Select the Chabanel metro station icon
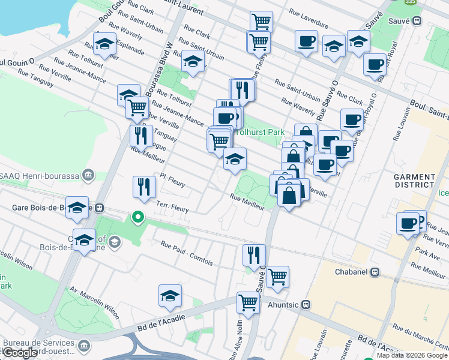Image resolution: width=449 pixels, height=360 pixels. click(375, 272)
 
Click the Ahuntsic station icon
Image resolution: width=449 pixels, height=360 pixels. click(306, 304)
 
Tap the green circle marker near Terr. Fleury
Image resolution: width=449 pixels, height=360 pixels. click(138, 217)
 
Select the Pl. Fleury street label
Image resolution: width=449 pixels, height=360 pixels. click(172, 181)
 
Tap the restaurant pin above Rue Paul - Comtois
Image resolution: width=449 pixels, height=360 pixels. click(254, 254)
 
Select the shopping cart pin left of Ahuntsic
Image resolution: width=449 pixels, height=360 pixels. click(248, 302)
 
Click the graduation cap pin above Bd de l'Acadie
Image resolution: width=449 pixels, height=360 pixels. click(170, 295)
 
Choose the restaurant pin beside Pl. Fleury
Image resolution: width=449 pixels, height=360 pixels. click(144, 187)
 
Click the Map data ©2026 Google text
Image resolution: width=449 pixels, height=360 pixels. click(411, 355)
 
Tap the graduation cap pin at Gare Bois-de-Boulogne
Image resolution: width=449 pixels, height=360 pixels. click(77, 207)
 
